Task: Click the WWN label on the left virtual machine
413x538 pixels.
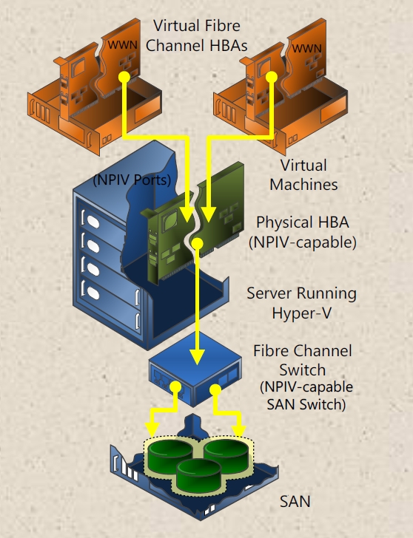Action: click(122, 45)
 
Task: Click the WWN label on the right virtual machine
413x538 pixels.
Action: click(307, 48)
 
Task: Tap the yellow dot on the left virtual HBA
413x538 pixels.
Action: click(124, 77)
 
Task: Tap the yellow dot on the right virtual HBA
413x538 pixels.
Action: click(272, 77)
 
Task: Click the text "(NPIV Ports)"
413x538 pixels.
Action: click(132, 180)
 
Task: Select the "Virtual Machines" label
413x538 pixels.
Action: click(303, 174)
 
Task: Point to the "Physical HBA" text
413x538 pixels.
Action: click(303, 222)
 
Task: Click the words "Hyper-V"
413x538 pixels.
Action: click(302, 313)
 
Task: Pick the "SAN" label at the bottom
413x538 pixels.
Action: click(295, 501)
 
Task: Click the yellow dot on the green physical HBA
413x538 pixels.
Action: click(197, 244)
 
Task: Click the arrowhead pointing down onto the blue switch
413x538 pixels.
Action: click(197, 357)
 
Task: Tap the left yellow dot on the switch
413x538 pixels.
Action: click(175, 387)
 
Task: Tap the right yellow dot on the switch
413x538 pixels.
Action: click(215, 389)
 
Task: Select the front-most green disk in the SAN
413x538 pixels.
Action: click(198, 475)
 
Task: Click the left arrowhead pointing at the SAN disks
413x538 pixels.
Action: click(152, 430)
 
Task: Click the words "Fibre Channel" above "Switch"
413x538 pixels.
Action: click(303, 350)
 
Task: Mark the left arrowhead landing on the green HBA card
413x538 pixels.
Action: click(187, 214)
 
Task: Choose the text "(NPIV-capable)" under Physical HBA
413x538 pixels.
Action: click(303, 242)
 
